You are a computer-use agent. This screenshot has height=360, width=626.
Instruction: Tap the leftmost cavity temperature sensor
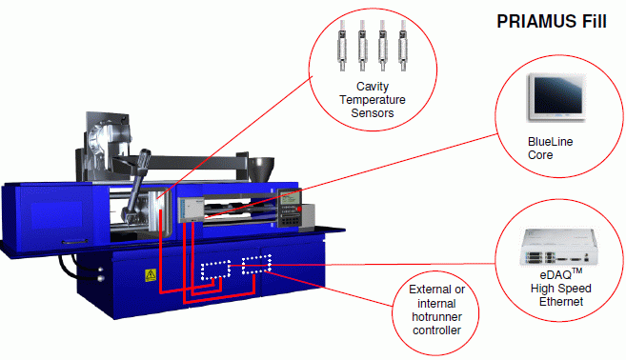pyautogui.click(x=342, y=46)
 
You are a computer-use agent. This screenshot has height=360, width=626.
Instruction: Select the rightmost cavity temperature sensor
pyautogui.click(x=403, y=46)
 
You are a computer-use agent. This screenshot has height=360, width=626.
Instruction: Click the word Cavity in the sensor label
pyautogui.click(x=373, y=87)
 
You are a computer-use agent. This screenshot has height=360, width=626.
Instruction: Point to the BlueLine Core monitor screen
pyautogui.click(x=557, y=95)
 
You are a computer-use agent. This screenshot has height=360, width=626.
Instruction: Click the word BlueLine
pyautogui.click(x=550, y=142)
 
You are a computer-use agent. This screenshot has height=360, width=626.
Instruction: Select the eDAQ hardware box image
pyautogui.click(x=559, y=247)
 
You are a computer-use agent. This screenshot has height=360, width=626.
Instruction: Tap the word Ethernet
pyautogui.click(x=561, y=302)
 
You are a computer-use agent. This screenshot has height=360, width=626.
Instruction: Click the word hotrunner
pyautogui.click(x=436, y=317)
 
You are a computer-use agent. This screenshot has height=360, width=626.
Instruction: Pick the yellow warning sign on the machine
pyautogui.click(x=151, y=275)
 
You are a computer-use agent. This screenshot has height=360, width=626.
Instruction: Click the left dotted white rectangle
pyautogui.click(x=215, y=270)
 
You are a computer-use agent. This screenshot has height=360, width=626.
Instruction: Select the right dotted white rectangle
pyautogui.click(x=256, y=265)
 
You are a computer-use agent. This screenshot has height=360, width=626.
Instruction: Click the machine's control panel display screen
pyautogui.click(x=290, y=197)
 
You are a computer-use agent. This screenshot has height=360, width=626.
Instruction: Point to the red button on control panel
pyautogui.click(x=299, y=210)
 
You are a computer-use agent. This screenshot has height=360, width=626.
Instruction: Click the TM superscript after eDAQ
pyautogui.click(x=576, y=271)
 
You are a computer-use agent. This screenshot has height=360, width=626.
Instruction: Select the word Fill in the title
pyautogui.click(x=594, y=21)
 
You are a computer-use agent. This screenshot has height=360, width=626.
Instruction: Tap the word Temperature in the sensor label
pyautogui.click(x=373, y=100)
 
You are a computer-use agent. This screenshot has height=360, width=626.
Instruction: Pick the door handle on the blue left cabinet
pyautogui.click(x=75, y=242)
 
